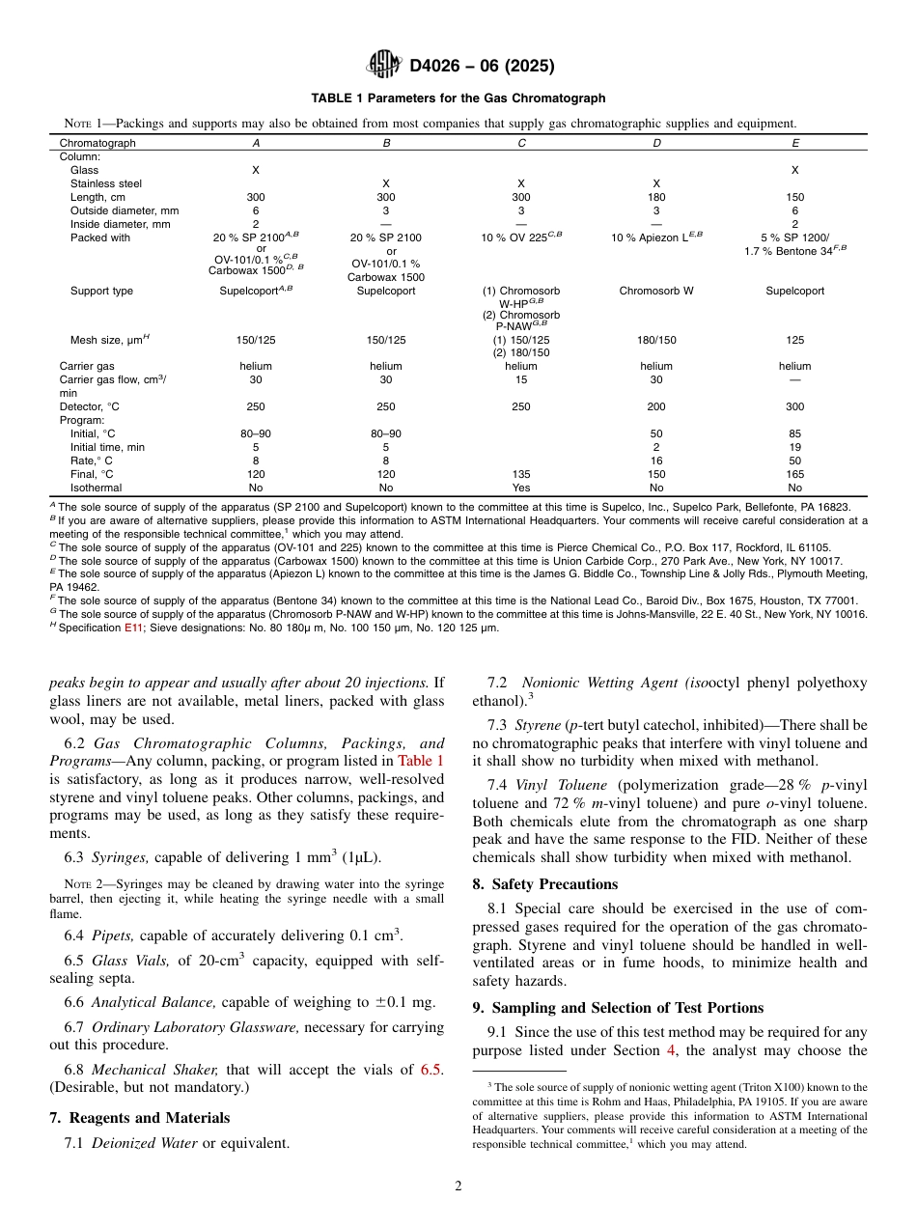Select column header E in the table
[x=794, y=143]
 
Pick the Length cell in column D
[x=655, y=197]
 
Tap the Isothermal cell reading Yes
[x=520, y=488]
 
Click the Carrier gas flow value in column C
[x=520, y=379]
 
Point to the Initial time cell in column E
[x=794, y=447]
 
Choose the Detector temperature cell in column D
[x=655, y=406]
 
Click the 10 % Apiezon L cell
[x=655, y=237]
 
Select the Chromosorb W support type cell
[x=655, y=291]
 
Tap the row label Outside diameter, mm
[x=124, y=210]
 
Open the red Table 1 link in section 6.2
[x=421, y=761]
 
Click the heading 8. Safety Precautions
[x=554, y=884]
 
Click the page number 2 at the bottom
[x=458, y=1186]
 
